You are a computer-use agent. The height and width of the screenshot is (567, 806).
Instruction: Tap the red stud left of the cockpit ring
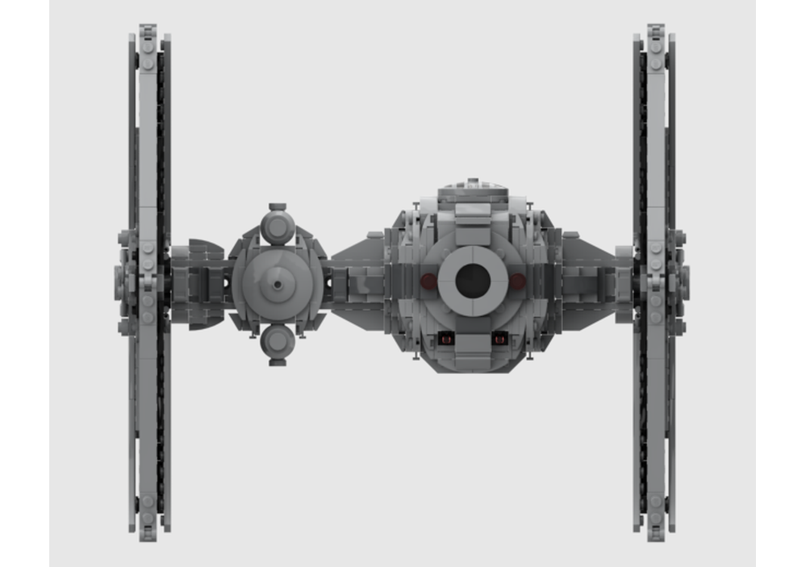pyautogui.click(x=428, y=281)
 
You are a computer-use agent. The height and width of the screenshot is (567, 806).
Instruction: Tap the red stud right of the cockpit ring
pyautogui.click(x=517, y=281)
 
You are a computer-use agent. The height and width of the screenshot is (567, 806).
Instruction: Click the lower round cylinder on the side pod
pyautogui.click(x=278, y=340)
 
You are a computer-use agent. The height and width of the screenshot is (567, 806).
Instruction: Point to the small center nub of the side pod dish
pyautogui.click(x=278, y=284)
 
